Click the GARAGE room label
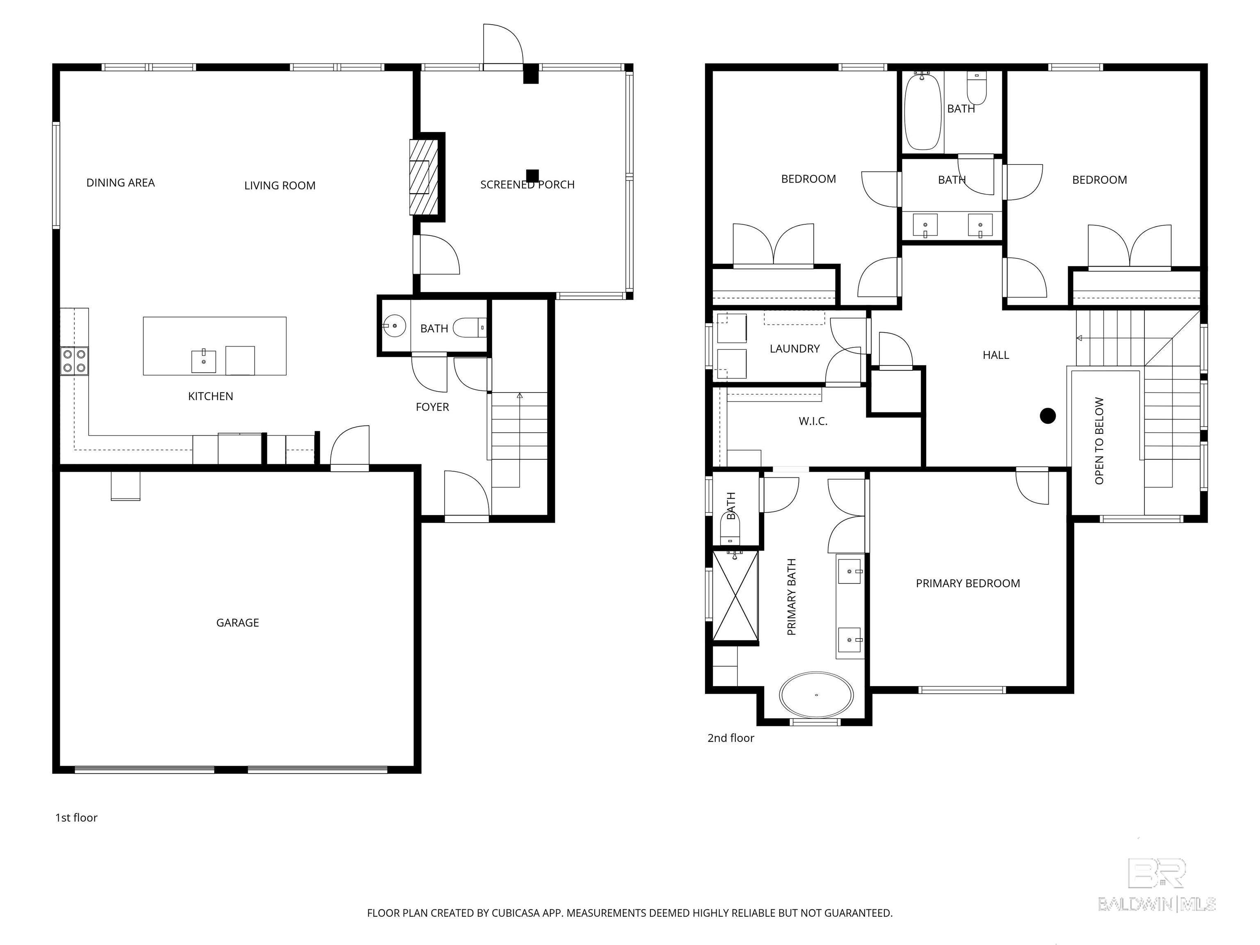(x=237, y=623)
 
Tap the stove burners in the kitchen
(x=75, y=361)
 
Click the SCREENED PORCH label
(x=527, y=185)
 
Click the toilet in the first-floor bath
(x=470, y=328)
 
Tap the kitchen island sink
(x=203, y=361)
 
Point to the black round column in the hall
(x=1048, y=416)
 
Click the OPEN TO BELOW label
(x=1099, y=441)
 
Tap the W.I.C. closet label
(x=813, y=422)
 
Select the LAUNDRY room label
(x=794, y=349)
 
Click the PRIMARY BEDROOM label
(x=968, y=583)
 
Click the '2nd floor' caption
(x=731, y=738)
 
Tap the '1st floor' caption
(x=76, y=818)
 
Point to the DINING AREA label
(x=121, y=183)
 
